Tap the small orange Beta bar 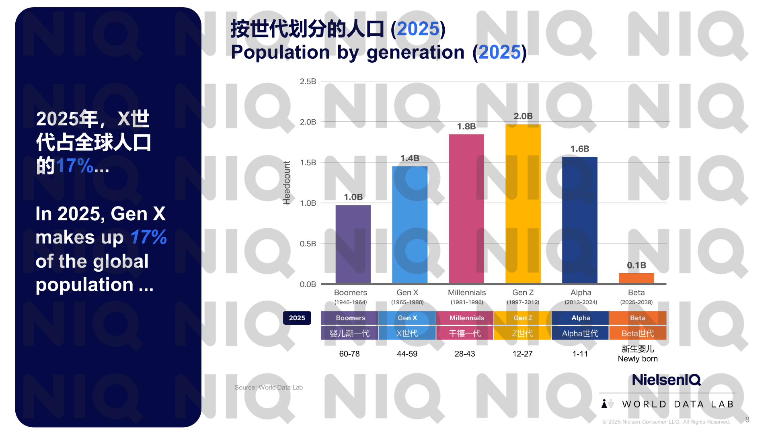[x=636, y=278]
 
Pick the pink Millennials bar [x=466, y=209]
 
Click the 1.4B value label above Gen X [x=410, y=158]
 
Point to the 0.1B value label [x=636, y=265]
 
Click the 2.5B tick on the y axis [x=308, y=82]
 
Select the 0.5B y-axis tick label [x=308, y=244]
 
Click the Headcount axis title [x=287, y=183]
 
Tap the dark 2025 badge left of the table [x=297, y=318]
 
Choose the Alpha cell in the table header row [x=581, y=318]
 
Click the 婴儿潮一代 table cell [x=349, y=333]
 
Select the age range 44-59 [x=407, y=354]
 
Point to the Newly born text [x=638, y=359]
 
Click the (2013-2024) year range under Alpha [x=581, y=302]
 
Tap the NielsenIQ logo [x=666, y=380]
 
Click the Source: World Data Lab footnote [x=269, y=387]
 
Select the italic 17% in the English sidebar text [x=148, y=237]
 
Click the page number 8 [x=747, y=420]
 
